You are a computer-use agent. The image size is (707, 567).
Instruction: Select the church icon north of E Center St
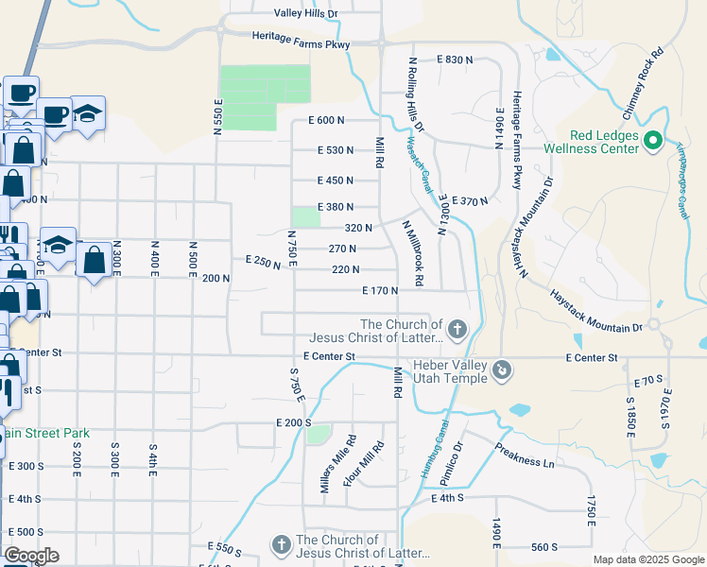click(457, 330)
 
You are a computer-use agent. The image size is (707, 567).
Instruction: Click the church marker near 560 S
click(281, 545)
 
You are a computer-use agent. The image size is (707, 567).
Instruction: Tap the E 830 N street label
click(455, 60)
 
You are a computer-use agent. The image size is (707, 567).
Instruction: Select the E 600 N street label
click(326, 120)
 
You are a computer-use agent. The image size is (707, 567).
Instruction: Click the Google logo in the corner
click(31, 556)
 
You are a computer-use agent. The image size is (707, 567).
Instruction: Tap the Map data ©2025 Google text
click(647, 559)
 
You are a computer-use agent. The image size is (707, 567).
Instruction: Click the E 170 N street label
click(379, 291)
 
